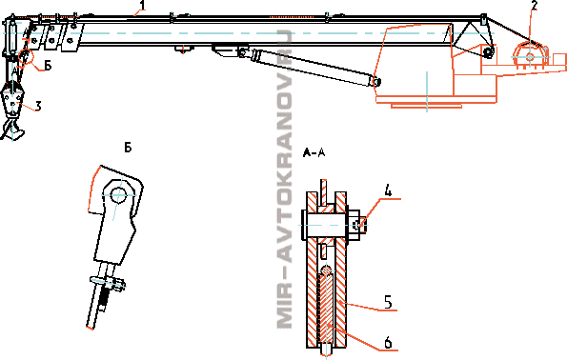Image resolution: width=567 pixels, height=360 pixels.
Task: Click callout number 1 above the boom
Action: pyautogui.click(x=143, y=5)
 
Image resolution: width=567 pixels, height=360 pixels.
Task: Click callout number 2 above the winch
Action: pyautogui.click(x=534, y=5)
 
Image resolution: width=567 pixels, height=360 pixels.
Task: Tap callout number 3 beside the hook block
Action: pyautogui.click(x=38, y=106)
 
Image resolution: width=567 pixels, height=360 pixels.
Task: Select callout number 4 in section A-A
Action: pyautogui.click(x=387, y=191)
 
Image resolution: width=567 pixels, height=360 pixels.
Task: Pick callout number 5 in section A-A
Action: pyautogui.click(x=388, y=302)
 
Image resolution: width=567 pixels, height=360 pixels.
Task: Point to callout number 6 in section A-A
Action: pyautogui.click(x=388, y=342)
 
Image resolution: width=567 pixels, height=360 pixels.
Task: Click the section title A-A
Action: pyautogui.click(x=314, y=153)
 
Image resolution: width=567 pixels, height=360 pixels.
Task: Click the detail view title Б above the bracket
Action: pyautogui.click(x=128, y=148)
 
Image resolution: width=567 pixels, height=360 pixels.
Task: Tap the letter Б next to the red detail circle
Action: pyautogui.click(x=48, y=66)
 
